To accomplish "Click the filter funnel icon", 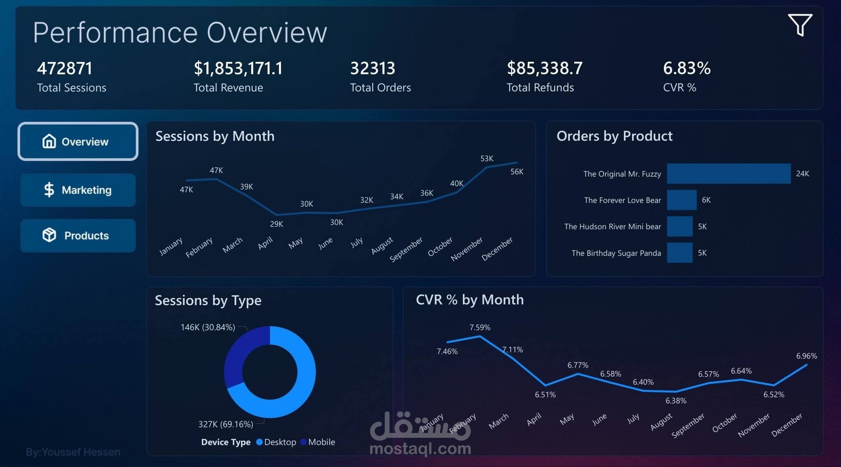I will (800, 25).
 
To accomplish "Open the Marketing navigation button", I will (78, 190).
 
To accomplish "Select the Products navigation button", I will (78, 236).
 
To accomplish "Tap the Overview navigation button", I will (78, 142).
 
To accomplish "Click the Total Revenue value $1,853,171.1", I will (238, 68).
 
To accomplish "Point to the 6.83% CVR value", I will (687, 68).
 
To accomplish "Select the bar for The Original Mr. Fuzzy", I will (728, 174).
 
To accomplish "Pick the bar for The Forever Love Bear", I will (682, 200).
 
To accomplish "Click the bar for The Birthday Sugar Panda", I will (680, 253).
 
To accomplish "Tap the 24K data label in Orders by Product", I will (802, 174).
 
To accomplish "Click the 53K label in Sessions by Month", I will (487, 158).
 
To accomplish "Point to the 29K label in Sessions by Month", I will (276, 224).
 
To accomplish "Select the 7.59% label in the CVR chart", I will (480, 327).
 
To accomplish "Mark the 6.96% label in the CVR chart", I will (806, 356).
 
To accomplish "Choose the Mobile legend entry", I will (318, 442).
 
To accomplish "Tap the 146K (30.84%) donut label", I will (208, 327).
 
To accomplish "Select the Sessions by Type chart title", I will (208, 300).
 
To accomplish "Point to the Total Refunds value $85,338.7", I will (545, 68).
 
